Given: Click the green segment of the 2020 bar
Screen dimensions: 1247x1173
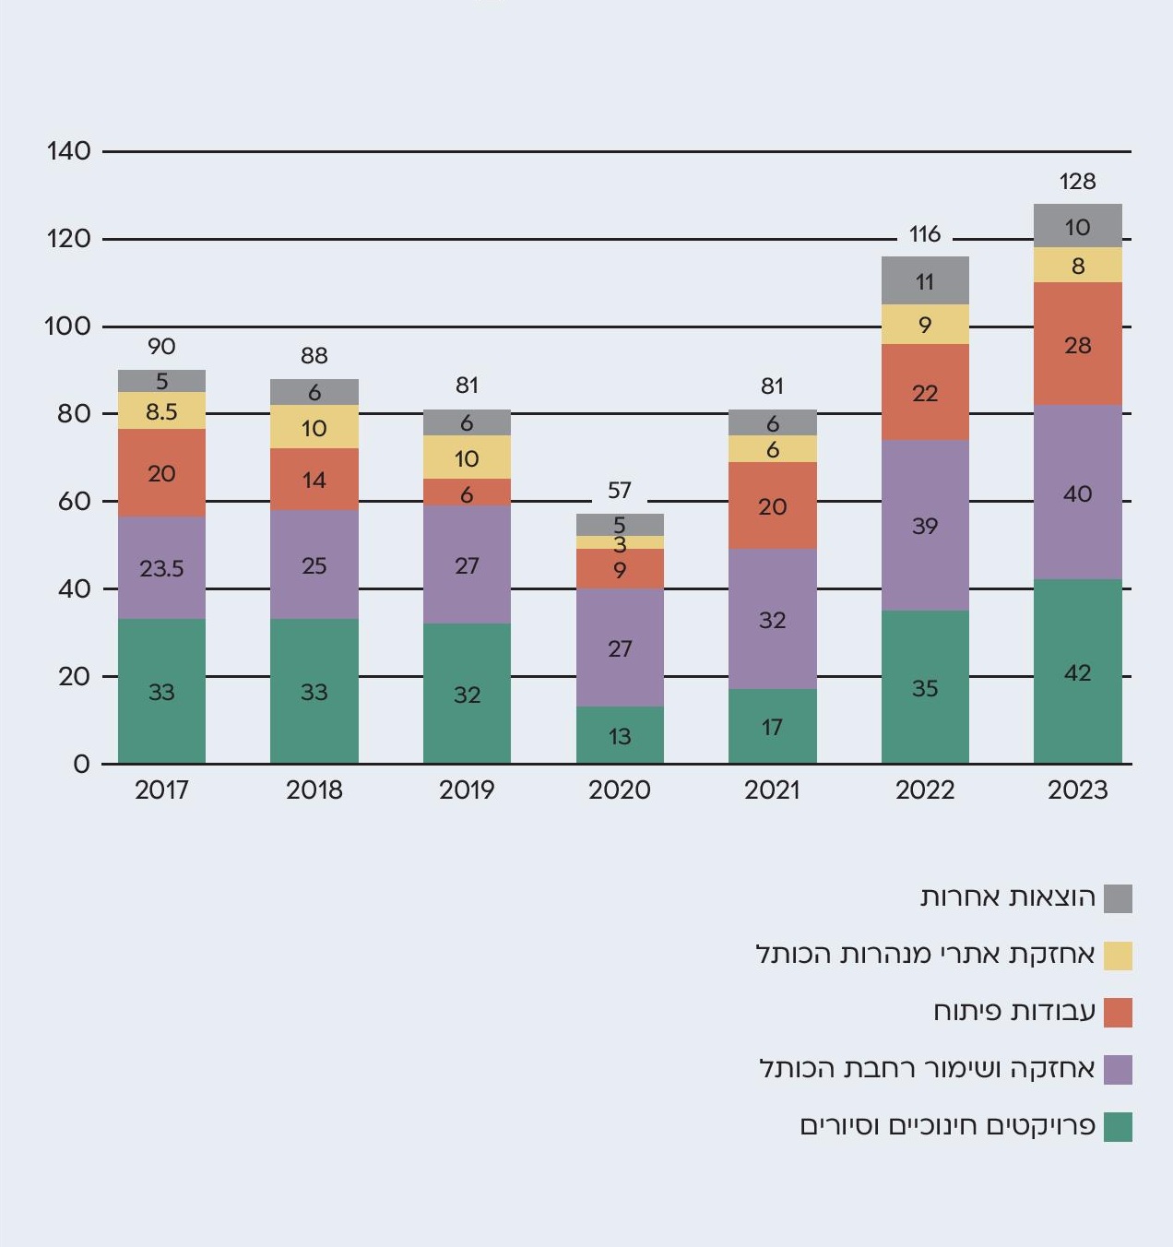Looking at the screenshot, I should click(620, 735).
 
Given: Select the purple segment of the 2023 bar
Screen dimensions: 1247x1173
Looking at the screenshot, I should click(1077, 493).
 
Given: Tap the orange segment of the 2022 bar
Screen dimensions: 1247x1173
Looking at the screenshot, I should click(925, 392).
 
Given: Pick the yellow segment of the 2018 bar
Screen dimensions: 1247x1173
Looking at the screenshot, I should click(314, 427).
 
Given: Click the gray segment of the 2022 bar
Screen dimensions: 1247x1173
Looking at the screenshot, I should click(925, 280).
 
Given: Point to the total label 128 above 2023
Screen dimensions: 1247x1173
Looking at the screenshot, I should click(1077, 181).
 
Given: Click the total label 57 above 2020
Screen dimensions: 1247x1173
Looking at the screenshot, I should click(620, 490).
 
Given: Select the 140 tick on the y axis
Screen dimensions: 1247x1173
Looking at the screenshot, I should click(69, 150).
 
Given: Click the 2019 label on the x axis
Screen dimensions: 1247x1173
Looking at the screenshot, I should click(467, 790).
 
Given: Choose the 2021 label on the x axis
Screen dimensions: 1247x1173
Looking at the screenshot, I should click(772, 790).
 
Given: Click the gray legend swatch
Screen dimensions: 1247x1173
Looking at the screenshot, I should click(1118, 897).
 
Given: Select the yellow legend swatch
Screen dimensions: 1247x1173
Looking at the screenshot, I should click(1118, 955).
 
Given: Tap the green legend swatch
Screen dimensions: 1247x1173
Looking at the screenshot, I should click(1118, 1126).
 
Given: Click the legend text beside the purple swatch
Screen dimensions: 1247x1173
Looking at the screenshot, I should click(927, 1068).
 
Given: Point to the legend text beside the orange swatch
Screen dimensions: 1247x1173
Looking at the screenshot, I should click(1013, 1011).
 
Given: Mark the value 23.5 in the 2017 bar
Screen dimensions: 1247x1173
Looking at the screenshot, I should click(161, 568).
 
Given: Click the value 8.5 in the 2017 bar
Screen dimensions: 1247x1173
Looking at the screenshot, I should click(161, 411).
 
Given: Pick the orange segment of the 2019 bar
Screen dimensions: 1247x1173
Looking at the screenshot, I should click(467, 492).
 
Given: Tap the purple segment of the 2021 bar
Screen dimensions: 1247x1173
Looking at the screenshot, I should click(772, 619).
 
